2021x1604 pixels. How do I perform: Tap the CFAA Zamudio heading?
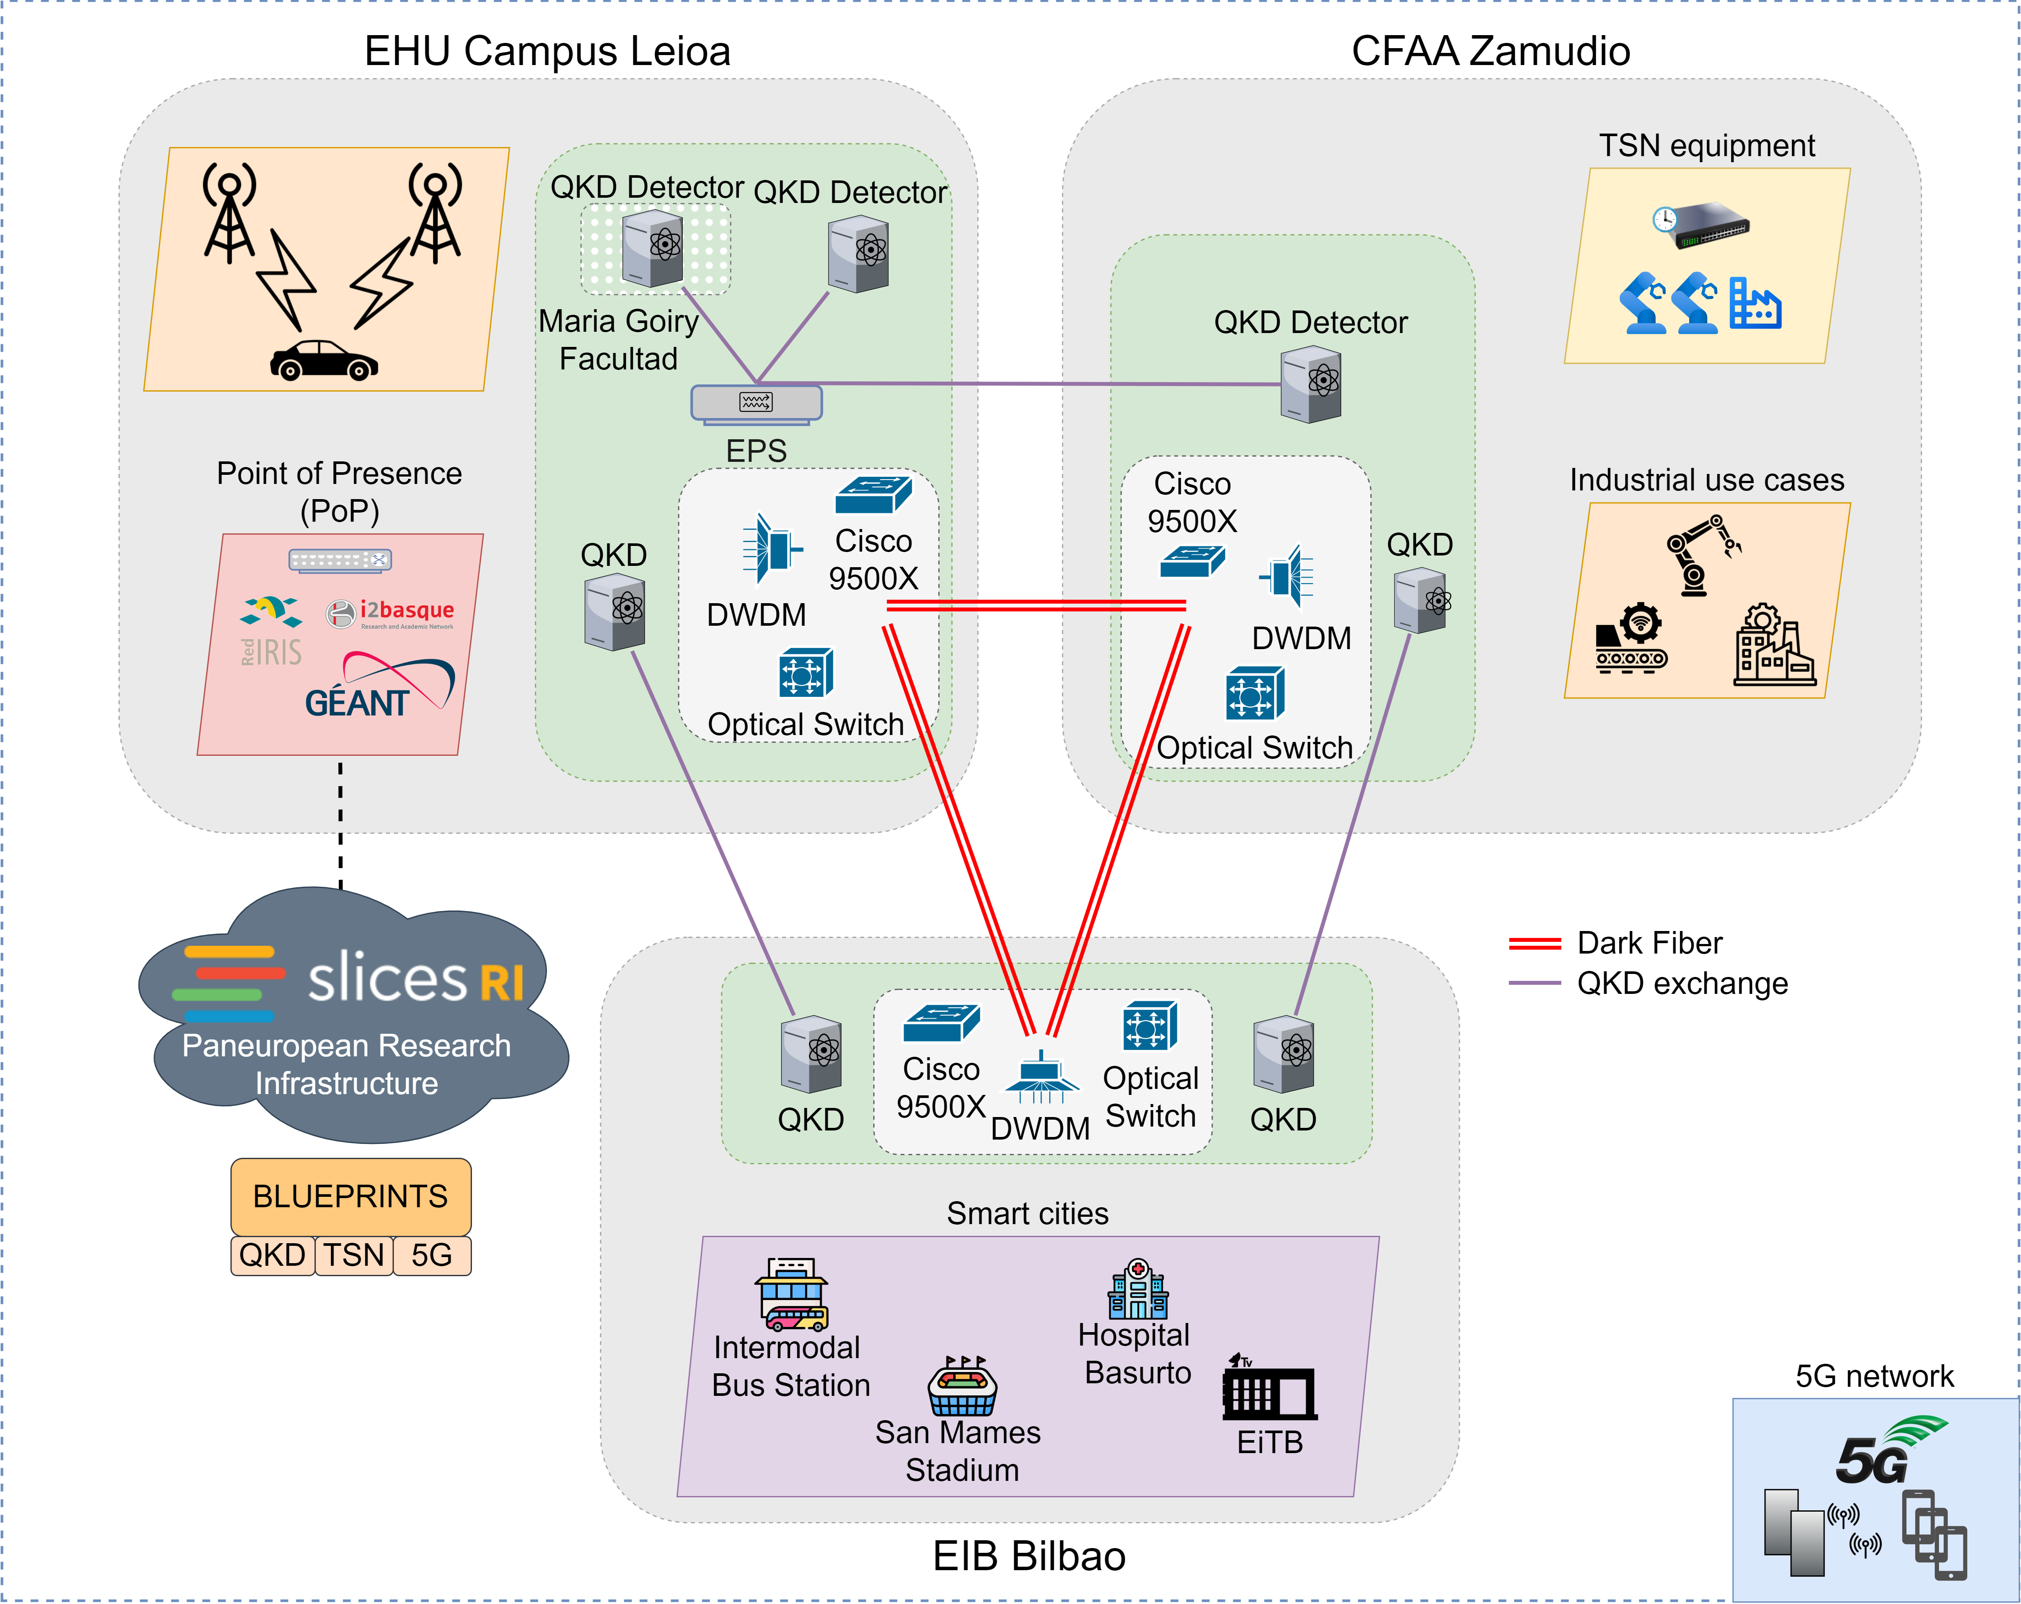point(1490,51)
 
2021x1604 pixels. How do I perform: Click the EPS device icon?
point(757,403)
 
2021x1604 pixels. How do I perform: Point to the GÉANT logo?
point(380,689)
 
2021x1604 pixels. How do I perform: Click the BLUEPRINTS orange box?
point(350,1196)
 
